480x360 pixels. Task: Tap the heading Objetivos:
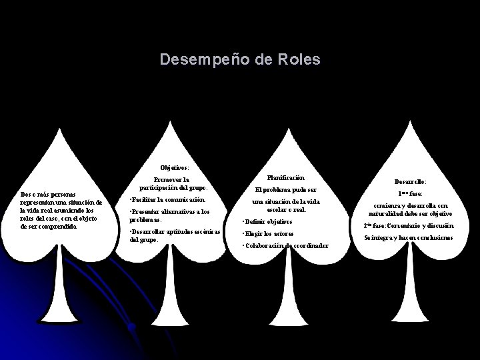click(x=175, y=167)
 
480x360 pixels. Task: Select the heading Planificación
click(x=286, y=178)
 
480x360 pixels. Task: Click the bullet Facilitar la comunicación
click(x=167, y=199)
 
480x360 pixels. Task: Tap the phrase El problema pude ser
click(x=286, y=190)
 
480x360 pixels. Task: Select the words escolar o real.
click(x=286, y=210)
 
